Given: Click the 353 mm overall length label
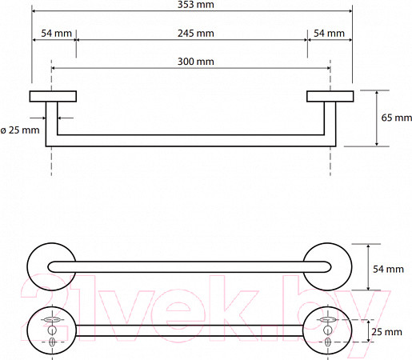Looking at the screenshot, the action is click(196, 5).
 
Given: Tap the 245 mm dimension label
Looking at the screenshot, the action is click(196, 34).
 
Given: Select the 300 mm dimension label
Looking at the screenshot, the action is click(196, 62).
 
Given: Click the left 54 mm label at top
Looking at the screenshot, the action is click(56, 34).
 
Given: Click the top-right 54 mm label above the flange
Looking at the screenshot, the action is click(329, 34).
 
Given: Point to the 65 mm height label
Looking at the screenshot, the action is click(396, 118).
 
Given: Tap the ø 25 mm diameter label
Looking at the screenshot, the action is click(20, 130).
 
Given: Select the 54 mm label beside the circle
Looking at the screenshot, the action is click(388, 269).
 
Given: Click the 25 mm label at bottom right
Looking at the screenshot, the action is click(386, 332).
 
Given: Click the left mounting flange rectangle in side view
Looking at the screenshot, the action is click(53, 96).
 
